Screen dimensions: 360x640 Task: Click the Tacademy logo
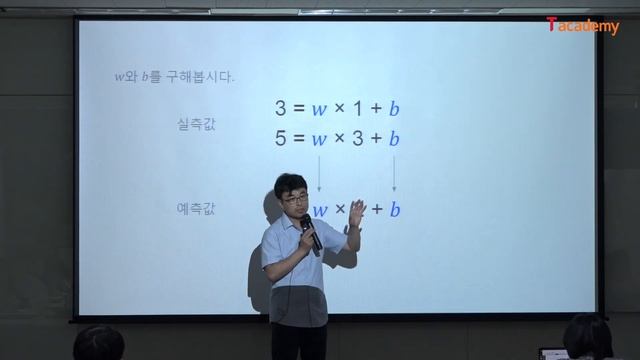click(x=583, y=27)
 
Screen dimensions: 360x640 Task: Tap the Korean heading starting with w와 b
click(x=174, y=77)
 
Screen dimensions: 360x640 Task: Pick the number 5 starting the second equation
click(x=281, y=138)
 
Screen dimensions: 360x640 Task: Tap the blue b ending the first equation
click(x=394, y=108)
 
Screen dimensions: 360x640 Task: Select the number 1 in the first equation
click(x=357, y=108)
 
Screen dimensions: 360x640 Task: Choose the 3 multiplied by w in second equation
click(x=357, y=138)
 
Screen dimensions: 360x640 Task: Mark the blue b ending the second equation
click(x=394, y=138)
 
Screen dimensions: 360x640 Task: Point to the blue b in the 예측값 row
click(x=394, y=209)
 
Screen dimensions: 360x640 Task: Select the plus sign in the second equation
click(x=376, y=138)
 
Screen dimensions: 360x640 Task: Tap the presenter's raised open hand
click(x=353, y=236)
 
